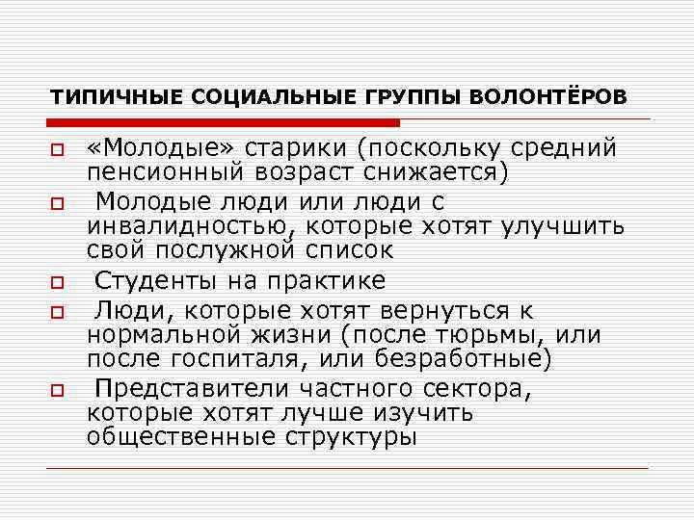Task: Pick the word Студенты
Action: coord(162,281)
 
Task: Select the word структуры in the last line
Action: coord(351,436)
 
